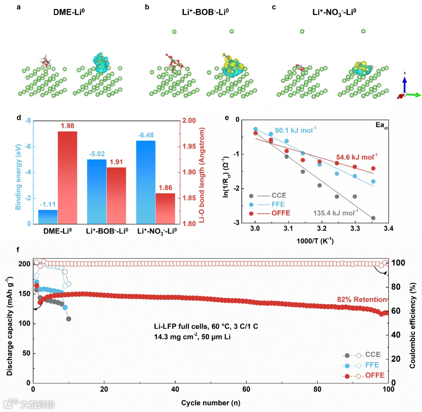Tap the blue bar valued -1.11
click(x=48, y=217)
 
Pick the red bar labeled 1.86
click(x=166, y=208)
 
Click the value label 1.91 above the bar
click(x=116, y=162)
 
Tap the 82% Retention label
click(x=362, y=299)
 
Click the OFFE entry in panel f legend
click(x=375, y=376)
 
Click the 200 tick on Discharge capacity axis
click(x=24, y=264)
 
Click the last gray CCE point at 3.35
click(x=373, y=218)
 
